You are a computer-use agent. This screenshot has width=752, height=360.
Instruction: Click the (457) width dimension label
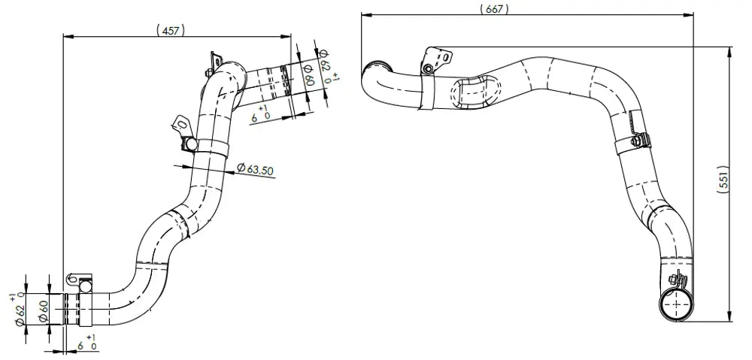point(170,31)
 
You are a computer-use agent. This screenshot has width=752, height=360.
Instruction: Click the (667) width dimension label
point(493,9)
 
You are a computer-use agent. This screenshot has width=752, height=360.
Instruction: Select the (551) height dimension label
point(723,180)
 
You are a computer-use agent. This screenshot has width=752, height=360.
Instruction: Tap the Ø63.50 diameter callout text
point(256,169)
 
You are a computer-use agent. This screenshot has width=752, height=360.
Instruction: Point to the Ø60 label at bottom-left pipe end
point(42,313)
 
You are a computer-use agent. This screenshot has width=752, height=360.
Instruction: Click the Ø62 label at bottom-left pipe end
point(20,313)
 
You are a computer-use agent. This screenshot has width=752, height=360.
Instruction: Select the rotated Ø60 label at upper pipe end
point(308,74)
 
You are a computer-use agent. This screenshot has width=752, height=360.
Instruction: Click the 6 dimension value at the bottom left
point(80,346)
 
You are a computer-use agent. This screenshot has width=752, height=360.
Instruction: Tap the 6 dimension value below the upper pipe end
point(255,116)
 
